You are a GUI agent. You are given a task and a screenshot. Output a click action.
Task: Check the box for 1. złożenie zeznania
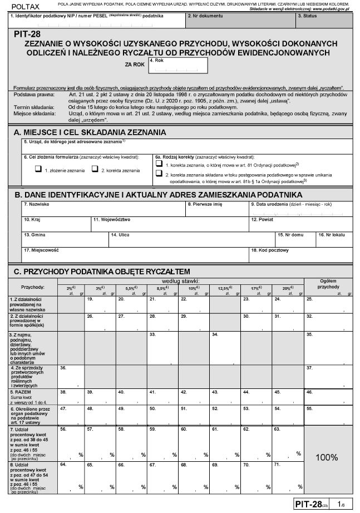click(38, 169)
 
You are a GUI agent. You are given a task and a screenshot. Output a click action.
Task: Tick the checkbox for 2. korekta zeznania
click(95, 169)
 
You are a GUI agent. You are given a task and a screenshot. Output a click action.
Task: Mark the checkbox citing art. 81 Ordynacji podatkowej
click(159, 165)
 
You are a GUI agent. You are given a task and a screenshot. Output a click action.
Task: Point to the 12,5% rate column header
click(224, 289)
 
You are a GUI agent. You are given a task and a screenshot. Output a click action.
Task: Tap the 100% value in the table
click(326, 457)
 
